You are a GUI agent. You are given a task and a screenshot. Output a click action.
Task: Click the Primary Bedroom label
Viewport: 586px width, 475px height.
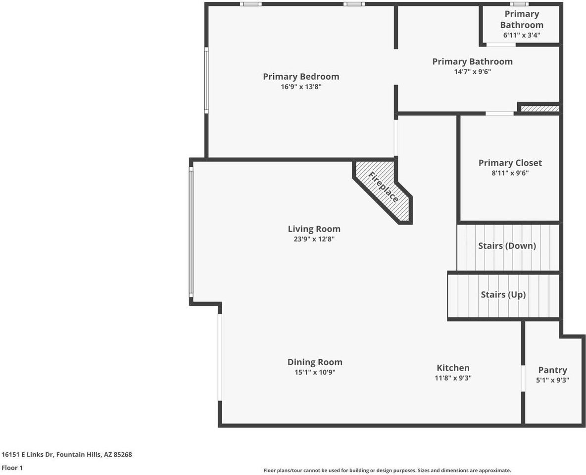(x=301, y=77)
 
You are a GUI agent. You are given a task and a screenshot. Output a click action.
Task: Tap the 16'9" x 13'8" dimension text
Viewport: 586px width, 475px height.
(x=301, y=87)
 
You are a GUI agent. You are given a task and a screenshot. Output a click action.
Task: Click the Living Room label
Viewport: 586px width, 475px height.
(x=314, y=229)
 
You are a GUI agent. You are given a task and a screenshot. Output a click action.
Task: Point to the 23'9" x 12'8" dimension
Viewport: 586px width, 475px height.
(x=314, y=239)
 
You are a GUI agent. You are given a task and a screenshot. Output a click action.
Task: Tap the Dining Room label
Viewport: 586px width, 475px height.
(x=315, y=362)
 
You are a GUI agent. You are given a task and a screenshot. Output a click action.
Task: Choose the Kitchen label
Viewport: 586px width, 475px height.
(x=453, y=368)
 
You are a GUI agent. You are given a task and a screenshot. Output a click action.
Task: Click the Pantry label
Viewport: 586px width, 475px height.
(x=552, y=370)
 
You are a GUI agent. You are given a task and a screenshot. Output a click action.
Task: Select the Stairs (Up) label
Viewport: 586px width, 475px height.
(x=503, y=295)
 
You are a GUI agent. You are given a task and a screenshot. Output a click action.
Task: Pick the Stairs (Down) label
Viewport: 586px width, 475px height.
(x=507, y=246)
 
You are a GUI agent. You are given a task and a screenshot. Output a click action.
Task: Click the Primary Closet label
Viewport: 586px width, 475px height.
(x=510, y=163)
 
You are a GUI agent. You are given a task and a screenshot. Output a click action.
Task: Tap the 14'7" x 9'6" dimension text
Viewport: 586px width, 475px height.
(x=472, y=72)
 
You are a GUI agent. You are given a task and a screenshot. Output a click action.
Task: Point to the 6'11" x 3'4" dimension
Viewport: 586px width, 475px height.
(x=521, y=35)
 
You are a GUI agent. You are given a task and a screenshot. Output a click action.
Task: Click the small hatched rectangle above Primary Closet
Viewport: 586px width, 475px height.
(x=539, y=108)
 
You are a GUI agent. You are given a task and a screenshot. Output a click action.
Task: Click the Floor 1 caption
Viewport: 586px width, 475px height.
(x=12, y=468)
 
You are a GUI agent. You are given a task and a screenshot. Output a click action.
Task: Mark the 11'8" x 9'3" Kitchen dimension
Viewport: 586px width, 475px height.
(x=453, y=378)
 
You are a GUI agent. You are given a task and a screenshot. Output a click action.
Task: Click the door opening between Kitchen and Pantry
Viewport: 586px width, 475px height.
(x=523, y=379)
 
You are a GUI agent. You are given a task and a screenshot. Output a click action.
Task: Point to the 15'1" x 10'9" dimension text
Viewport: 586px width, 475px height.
(x=315, y=373)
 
